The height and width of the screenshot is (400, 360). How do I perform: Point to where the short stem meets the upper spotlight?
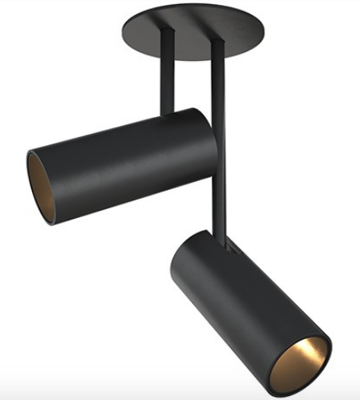click(x=169, y=112)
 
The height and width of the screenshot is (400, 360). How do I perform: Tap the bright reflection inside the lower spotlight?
click(x=314, y=358)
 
